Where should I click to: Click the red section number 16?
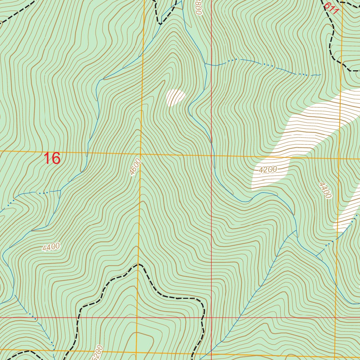52,159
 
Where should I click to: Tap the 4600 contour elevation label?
135,167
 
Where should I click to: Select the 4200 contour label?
268,170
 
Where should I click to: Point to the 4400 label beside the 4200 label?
325,190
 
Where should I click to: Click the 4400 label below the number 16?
51,247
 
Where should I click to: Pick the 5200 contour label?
98,352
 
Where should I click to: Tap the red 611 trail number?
331,8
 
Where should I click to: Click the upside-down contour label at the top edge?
199,7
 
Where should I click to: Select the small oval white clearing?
175,97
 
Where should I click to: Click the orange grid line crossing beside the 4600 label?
141,154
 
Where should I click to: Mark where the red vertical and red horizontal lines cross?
212,317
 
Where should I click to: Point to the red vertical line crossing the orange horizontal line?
212,155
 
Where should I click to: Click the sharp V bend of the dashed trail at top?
160,24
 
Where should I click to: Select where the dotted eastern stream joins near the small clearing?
205,64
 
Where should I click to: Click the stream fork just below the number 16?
60,191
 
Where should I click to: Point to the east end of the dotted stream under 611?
321,75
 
